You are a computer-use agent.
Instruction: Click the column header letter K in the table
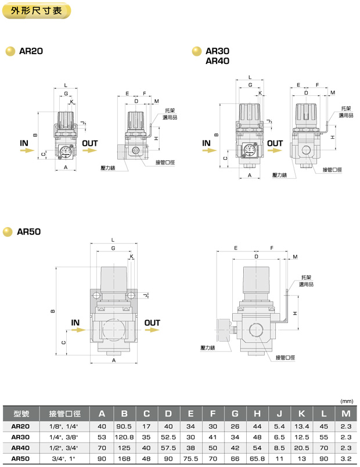(x=302, y=414)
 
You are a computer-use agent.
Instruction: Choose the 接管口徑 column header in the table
(x=64, y=414)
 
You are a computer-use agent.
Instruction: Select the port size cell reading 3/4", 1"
(x=64, y=458)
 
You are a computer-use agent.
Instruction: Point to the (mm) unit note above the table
(x=347, y=401)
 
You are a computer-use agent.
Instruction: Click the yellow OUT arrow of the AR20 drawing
(x=89, y=150)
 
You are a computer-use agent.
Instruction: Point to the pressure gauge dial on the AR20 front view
(x=66, y=153)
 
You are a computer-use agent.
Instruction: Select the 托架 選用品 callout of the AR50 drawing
(x=307, y=281)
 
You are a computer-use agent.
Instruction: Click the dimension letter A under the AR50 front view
(x=113, y=360)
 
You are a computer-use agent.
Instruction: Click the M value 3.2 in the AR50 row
(x=346, y=458)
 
